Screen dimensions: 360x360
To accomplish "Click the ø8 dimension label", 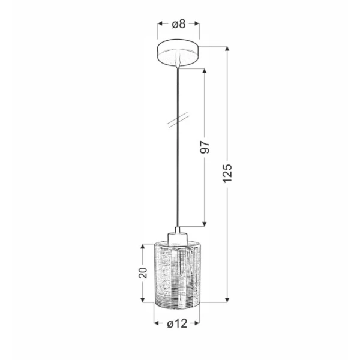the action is (x=179, y=24).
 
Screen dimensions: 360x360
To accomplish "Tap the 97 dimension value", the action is (x=205, y=148).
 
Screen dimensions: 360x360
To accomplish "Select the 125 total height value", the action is (x=227, y=173).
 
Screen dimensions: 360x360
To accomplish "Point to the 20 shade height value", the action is (x=143, y=273).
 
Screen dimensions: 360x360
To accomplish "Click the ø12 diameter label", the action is (x=177, y=324).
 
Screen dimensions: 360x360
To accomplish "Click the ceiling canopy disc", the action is (x=178, y=53).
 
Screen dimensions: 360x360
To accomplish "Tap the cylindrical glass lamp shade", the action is (x=177, y=275).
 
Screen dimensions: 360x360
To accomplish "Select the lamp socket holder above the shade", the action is (x=177, y=236).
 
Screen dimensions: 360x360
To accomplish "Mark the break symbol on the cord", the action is (x=178, y=120).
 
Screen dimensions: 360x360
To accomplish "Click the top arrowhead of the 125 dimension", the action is (x=227, y=48).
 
